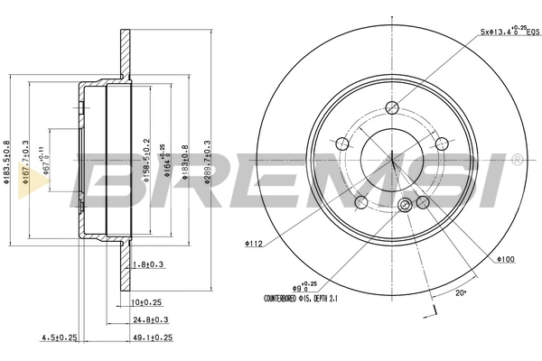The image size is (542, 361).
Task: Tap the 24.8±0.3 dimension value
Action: click(x=151, y=319)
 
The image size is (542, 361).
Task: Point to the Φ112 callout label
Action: click(x=254, y=243)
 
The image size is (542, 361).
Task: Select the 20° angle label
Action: click(x=462, y=293)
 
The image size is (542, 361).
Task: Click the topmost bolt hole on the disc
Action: click(x=392, y=108)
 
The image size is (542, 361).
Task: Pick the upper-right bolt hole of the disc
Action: click(x=442, y=144)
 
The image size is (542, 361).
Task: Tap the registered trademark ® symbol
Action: click(x=516, y=159)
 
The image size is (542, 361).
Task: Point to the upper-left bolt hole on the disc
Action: click(x=342, y=144)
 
